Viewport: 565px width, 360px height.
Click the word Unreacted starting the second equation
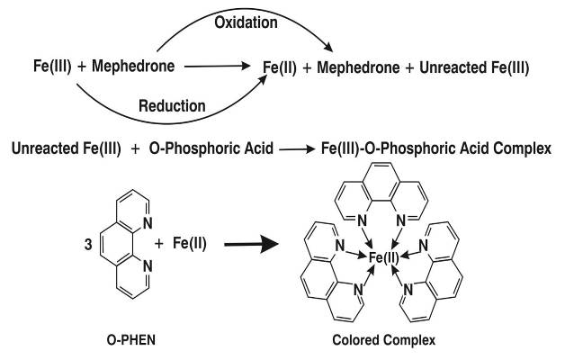pos(42,147)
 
